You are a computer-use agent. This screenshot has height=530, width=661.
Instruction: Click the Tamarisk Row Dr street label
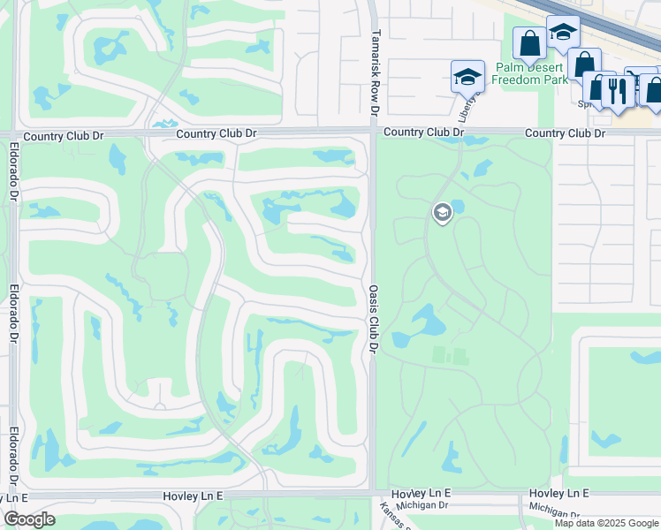coord(375,71)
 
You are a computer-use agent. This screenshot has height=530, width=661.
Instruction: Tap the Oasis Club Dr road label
coord(374,318)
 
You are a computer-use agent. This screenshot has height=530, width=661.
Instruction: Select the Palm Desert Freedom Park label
coord(530,73)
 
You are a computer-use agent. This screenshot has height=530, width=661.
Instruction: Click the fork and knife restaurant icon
coord(618,90)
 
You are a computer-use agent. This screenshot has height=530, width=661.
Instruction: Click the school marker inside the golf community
coord(443,213)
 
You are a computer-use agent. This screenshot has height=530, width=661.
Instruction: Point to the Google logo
coord(29,519)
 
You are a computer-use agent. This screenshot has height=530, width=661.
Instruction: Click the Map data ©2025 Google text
coord(607,523)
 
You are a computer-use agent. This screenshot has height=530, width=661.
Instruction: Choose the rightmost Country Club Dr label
coord(565,133)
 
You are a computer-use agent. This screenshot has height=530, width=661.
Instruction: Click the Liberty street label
coord(467,107)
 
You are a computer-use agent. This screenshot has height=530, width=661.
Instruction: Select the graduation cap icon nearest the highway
coord(562,33)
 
